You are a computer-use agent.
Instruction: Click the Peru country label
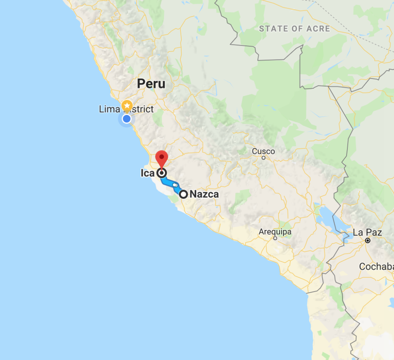pos(151,84)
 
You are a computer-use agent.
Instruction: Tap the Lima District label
pos(126,109)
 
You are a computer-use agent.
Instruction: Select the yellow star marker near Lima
pos(127,105)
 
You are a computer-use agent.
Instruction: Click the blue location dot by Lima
pos(127,119)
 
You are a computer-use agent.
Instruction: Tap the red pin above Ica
pos(162,158)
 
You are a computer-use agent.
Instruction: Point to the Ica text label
pos(147,173)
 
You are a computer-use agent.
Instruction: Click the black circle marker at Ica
pos(162,173)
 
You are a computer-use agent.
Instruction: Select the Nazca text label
pos(204,194)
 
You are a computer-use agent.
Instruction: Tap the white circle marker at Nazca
pos(184,194)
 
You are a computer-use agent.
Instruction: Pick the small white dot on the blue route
pos(175,185)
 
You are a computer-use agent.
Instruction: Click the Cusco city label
pos(264,152)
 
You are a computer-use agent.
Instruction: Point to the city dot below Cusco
pos(264,158)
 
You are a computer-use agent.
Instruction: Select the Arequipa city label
pos(275,232)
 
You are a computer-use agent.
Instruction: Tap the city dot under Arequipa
pos(275,238)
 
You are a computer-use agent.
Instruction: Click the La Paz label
pos(367,233)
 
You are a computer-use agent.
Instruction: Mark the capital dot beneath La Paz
pos(368,240)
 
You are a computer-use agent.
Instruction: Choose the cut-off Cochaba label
pos(376,267)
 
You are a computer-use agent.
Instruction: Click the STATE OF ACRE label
pos(294,28)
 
